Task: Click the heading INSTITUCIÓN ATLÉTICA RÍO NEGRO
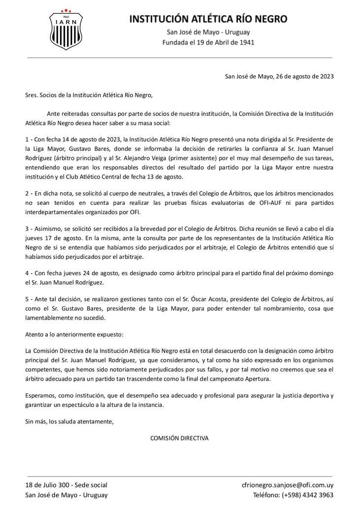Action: coord(208,19)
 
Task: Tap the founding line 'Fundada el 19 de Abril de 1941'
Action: coord(208,42)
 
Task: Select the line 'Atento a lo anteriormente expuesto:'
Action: coord(74,334)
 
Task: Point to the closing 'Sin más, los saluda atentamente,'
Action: coord(70,421)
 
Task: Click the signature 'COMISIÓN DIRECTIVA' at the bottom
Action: coord(179,438)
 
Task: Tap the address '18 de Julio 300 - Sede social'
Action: coord(66,485)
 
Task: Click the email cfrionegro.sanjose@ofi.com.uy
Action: coord(288,485)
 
